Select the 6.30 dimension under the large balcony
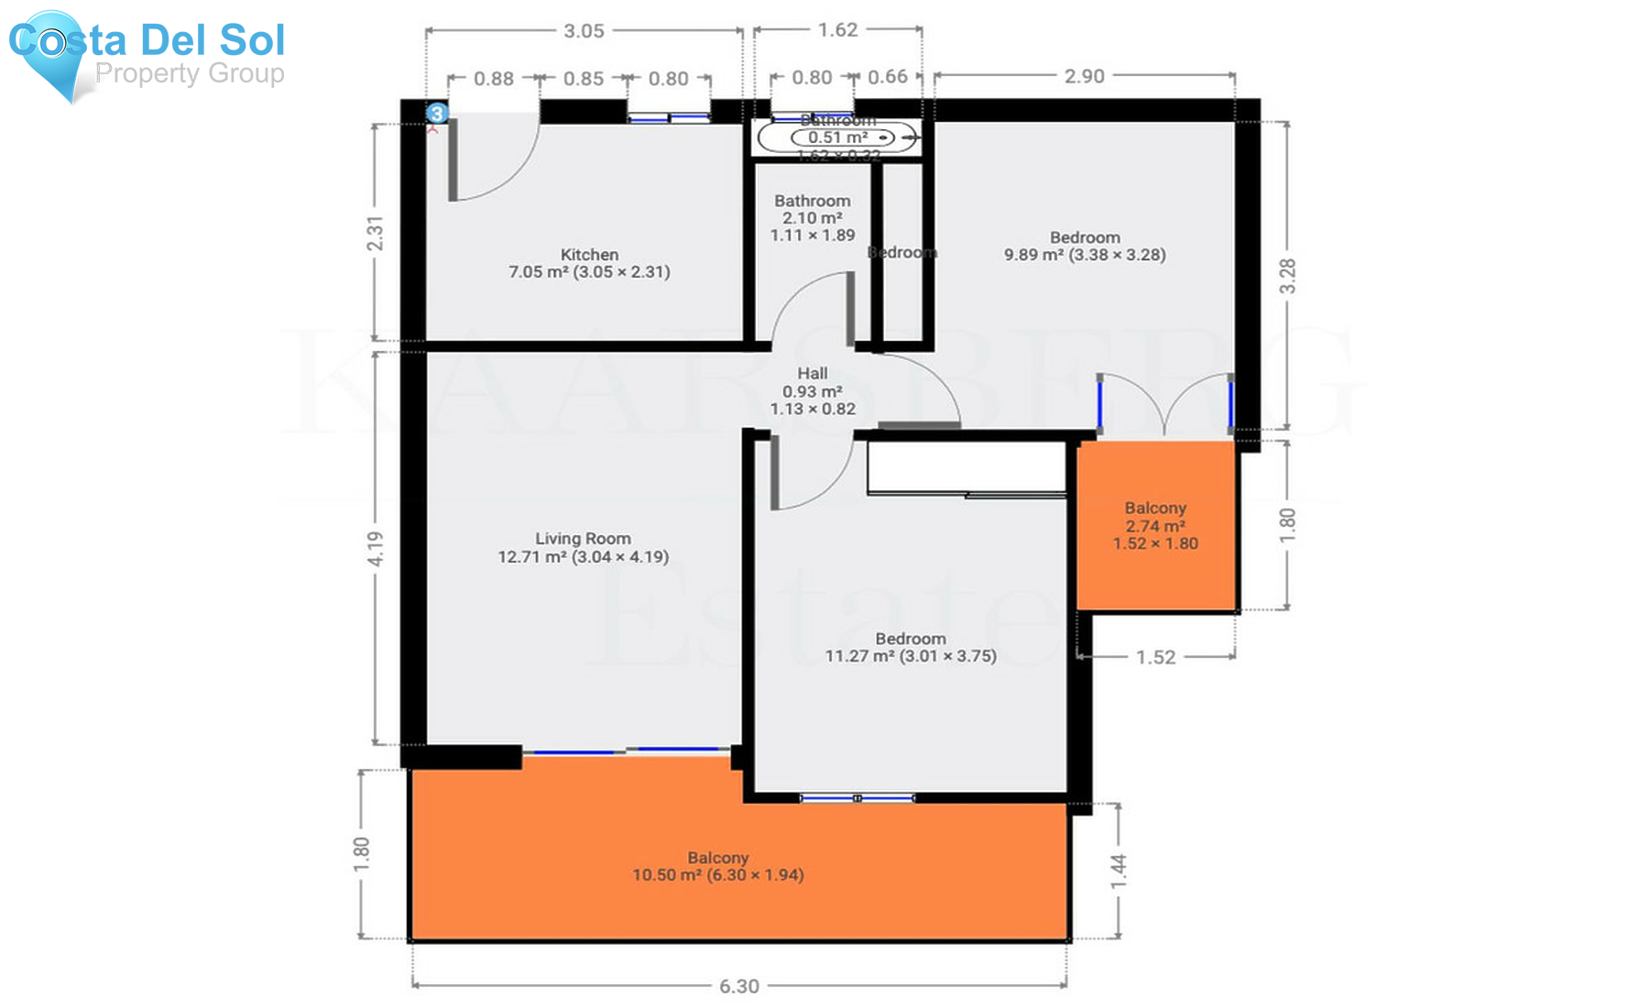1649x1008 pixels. coord(738,986)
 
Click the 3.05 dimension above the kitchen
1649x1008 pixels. coord(584,31)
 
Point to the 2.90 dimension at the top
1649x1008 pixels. coord(1084,76)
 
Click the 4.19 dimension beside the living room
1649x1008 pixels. coord(376,548)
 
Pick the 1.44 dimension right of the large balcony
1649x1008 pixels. coord(1119,871)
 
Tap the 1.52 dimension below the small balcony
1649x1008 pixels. coord(1155,657)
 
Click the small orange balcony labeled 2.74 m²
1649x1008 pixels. coord(1155,526)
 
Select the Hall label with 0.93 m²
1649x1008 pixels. coord(813,391)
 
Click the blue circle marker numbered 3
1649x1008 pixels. coord(438,113)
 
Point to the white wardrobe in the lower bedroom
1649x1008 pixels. coord(966,467)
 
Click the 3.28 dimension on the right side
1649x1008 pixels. coord(1287,275)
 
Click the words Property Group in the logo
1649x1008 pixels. coord(190,73)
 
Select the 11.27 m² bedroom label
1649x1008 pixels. coord(910,647)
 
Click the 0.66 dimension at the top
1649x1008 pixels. coord(887,77)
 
